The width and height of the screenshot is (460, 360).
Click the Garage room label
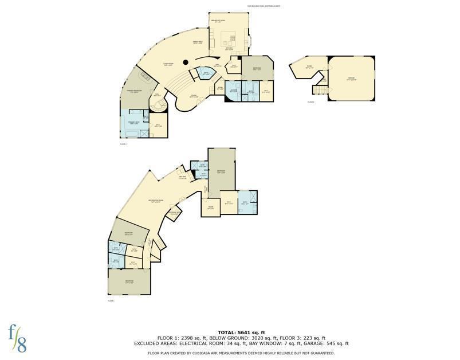coord(351,78)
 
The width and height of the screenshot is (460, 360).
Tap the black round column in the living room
coord(186,62)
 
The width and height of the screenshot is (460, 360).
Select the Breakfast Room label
coord(227,21)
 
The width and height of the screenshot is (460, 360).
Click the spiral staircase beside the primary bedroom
coord(158,106)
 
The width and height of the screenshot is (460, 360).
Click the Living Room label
coord(168,64)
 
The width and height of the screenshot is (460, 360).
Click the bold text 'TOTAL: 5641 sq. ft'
coord(241,332)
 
